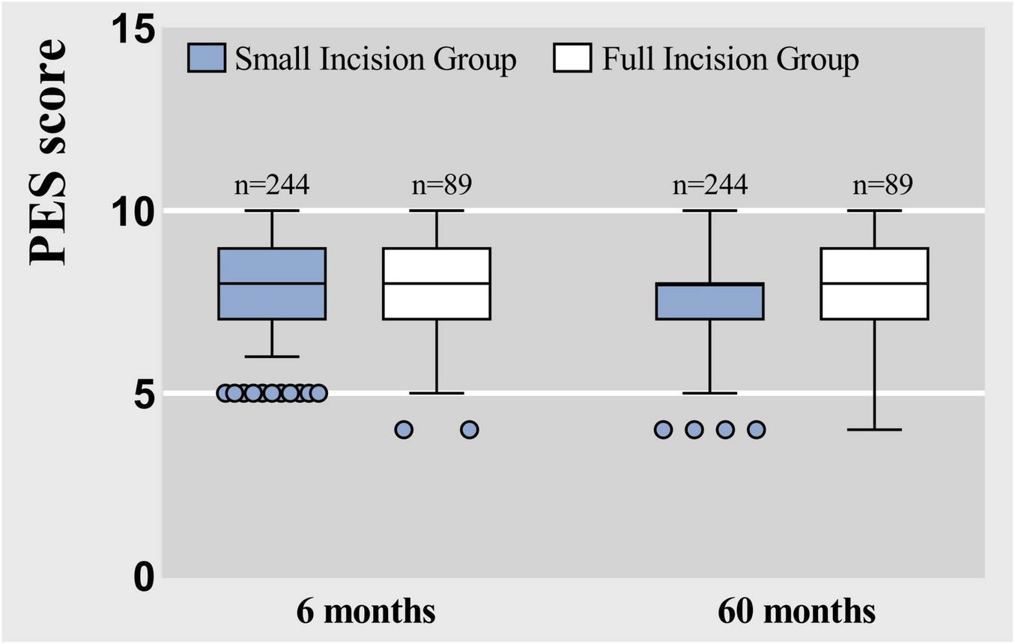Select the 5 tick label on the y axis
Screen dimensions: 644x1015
(142, 393)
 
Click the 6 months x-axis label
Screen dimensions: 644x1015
(366, 611)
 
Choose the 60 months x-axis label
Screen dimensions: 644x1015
(796, 611)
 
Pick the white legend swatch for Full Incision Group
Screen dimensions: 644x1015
(573, 58)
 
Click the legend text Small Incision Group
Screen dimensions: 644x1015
(375, 59)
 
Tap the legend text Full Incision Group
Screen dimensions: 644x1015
(730, 59)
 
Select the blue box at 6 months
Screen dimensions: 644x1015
(272, 284)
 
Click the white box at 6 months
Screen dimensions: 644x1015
(436, 284)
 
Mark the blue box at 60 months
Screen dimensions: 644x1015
(709, 302)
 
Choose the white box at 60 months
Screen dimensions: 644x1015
(874, 284)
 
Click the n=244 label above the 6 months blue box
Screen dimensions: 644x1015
(272, 185)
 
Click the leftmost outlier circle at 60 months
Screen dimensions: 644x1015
(663, 430)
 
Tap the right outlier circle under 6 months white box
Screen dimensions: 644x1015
(469, 430)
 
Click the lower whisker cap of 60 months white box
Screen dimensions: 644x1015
(874, 430)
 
